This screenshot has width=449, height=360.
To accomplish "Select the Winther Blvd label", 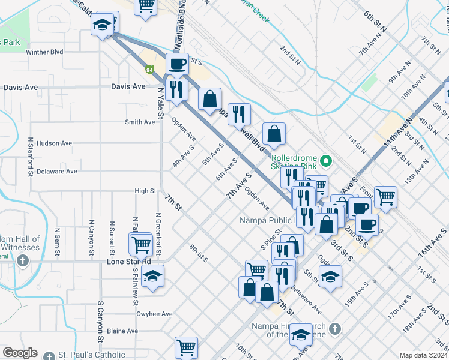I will click(x=45, y=52).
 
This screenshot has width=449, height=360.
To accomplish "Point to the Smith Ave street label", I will click(x=140, y=122).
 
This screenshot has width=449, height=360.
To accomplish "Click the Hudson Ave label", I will click(x=54, y=143).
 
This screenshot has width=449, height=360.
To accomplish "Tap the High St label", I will click(x=145, y=191).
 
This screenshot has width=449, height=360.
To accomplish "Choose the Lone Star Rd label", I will click(x=128, y=262).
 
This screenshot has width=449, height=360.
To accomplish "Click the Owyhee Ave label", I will click(x=154, y=314).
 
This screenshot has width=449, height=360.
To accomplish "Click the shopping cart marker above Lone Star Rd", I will click(x=141, y=244).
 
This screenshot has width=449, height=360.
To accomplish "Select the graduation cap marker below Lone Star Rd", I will click(x=153, y=275).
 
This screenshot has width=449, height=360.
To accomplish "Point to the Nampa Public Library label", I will click(x=267, y=220).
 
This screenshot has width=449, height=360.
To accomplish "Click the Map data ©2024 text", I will click(x=423, y=355).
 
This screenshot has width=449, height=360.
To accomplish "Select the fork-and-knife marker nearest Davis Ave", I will click(x=176, y=89).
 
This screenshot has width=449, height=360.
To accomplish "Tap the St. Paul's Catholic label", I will click(x=91, y=355).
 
